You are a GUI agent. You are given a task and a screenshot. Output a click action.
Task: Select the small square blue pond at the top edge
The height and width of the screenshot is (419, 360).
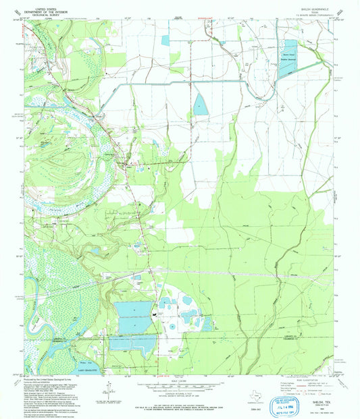pyautogui.click(x=165, y=40)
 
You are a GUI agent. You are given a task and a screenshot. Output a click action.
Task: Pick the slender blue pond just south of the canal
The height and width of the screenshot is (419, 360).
pyautogui.click(x=201, y=104)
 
